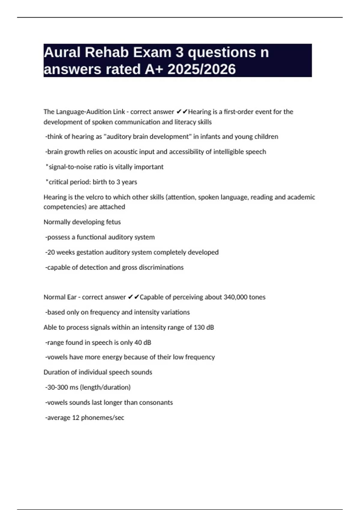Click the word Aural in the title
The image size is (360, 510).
tap(62, 52)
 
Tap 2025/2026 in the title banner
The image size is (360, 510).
tap(202, 69)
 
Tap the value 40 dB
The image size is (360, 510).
tap(142, 342)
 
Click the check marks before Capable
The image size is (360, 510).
tap(133, 297)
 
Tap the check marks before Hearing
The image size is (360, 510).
tap(181, 112)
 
